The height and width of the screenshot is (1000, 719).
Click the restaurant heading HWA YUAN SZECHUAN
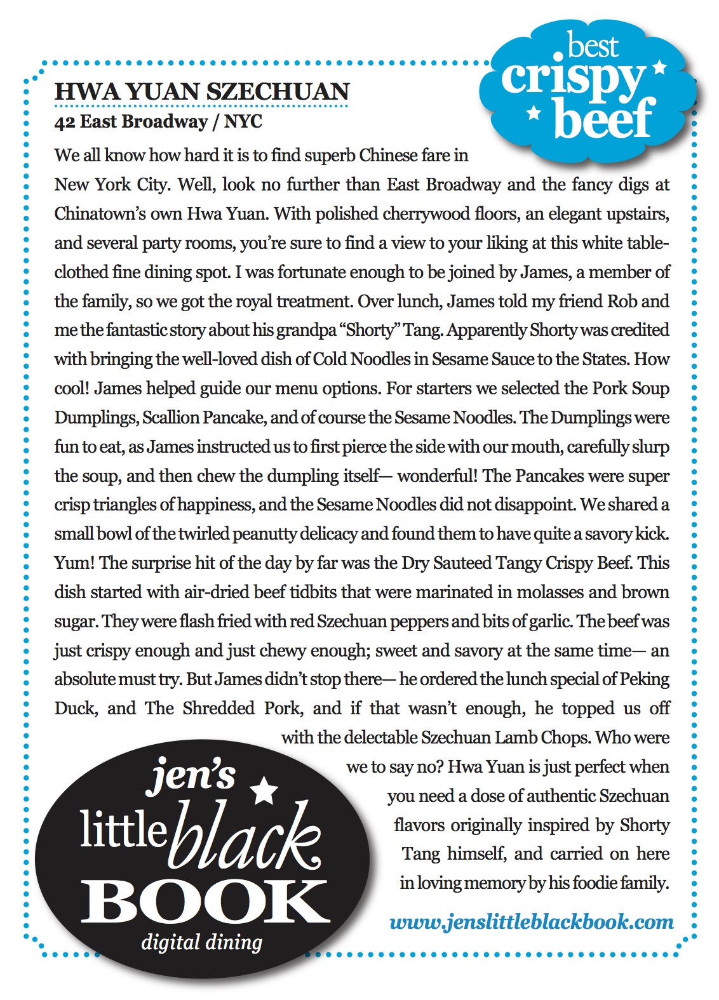[x=202, y=91]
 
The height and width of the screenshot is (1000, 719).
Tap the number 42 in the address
[x=65, y=121]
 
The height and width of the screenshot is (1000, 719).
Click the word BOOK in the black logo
[x=205, y=902]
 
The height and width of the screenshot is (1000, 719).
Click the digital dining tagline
[x=201, y=942]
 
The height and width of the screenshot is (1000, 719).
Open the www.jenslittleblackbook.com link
[x=532, y=922]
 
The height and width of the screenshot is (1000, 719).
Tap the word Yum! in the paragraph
[x=74, y=563]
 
